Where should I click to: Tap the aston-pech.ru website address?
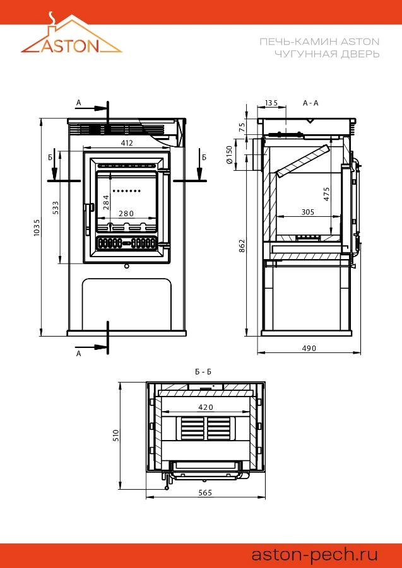[315, 554]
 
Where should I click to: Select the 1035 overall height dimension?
[37, 227]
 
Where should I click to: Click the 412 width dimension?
[126, 142]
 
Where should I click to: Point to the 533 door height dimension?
[56, 208]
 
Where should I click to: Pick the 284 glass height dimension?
[106, 202]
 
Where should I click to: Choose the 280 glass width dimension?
[126, 214]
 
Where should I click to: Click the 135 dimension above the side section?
[271, 103]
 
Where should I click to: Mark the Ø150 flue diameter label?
[229, 154]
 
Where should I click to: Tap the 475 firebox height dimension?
[327, 194]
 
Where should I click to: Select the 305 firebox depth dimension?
[308, 212]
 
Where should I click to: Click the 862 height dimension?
[242, 246]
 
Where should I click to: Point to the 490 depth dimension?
[309, 348]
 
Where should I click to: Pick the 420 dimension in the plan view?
[206, 407]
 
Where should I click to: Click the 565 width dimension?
[205, 492]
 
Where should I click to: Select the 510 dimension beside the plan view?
[115, 436]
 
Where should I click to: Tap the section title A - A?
[310, 103]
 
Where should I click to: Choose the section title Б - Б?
[203, 372]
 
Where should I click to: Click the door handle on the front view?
[88, 217]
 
